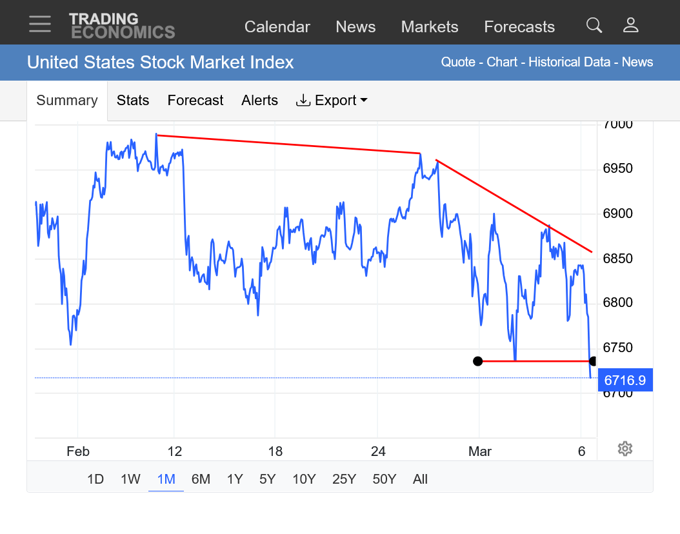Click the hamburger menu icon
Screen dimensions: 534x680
tap(39, 25)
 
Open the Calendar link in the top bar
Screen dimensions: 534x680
tap(277, 27)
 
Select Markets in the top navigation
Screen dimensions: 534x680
tap(429, 27)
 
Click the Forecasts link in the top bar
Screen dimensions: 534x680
tap(519, 27)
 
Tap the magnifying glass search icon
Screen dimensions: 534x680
tap(594, 25)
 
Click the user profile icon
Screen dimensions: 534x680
tap(630, 25)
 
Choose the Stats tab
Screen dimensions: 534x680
tap(133, 101)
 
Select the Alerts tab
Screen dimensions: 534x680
tap(259, 101)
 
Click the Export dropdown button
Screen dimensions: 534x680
tap(332, 101)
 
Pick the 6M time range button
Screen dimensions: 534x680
tap(201, 479)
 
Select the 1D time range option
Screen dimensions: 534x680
tap(95, 479)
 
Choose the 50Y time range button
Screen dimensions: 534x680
tap(385, 479)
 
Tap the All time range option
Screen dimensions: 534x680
tap(421, 479)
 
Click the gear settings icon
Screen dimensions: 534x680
tap(624, 449)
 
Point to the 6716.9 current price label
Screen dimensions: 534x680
tap(625, 381)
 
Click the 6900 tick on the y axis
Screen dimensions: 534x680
tap(617, 213)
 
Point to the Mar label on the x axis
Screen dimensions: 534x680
tap(479, 451)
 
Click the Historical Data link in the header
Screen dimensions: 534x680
tap(569, 63)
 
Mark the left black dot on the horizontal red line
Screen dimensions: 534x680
tap(477, 361)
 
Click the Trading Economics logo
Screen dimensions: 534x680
tap(122, 25)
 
